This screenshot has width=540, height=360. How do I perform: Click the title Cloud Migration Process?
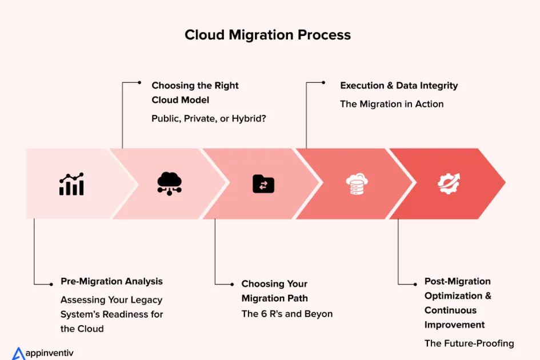point(267,35)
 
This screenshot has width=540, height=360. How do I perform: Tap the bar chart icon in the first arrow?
point(71,183)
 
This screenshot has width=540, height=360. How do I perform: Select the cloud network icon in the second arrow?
point(169,183)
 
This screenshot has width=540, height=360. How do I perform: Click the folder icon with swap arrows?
point(263,183)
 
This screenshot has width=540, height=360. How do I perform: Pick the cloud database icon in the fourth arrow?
point(357,183)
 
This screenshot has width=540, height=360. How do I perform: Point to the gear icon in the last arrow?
point(449,183)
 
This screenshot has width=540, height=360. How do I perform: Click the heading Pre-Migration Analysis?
point(111,281)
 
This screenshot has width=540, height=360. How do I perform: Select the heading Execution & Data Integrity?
point(399,85)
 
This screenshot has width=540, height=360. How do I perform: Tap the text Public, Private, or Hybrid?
point(209,118)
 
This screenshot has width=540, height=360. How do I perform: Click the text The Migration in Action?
point(391,104)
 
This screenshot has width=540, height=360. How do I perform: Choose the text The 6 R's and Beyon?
point(287,313)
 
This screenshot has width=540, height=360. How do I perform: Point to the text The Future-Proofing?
point(469,343)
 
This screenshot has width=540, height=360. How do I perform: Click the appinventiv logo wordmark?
point(49,353)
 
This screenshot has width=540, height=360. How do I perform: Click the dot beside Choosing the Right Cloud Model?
point(139,82)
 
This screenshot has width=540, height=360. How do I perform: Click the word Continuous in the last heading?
point(450,310)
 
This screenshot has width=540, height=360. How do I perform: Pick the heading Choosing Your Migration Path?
point(274,291)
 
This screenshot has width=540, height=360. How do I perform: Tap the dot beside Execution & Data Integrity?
point(323,82)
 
